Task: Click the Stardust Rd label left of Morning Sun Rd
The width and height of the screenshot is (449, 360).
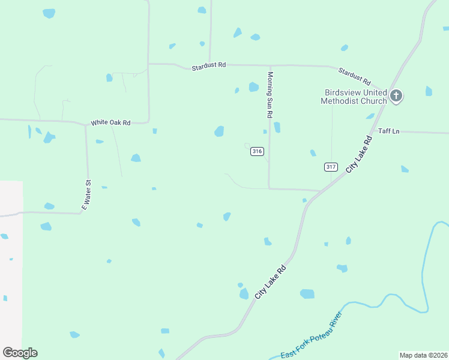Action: (x=209, y=66)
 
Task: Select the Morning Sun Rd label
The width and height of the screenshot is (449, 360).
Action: (x=270, y=95)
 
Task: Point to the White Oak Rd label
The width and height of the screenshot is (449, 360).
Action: (x=110, y=122)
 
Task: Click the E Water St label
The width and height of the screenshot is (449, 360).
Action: (x=86, y=194)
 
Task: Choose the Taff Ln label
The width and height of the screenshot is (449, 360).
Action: (x=388, y=131)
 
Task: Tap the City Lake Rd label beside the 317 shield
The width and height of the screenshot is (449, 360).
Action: (x=360, y=154)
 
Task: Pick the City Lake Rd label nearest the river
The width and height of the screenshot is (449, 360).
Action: (x=270, y=283)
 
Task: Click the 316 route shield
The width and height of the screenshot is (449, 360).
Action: (x=257, y=152)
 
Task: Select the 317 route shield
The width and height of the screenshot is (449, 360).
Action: (x=331, y=166)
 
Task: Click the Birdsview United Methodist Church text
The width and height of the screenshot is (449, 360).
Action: (x=354, y=97)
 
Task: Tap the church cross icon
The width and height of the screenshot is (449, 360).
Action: (x=396, y=95)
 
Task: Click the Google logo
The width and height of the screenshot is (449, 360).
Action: (x=20, y=353)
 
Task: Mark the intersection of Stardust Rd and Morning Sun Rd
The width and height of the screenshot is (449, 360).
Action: (x=270, y=65)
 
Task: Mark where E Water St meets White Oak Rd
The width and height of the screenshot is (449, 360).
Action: (x=86, y=125)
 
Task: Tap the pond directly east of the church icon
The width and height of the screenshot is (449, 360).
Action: (x=429, y=91)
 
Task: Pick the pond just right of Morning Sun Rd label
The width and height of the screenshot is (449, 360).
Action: (x=277, y=127)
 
